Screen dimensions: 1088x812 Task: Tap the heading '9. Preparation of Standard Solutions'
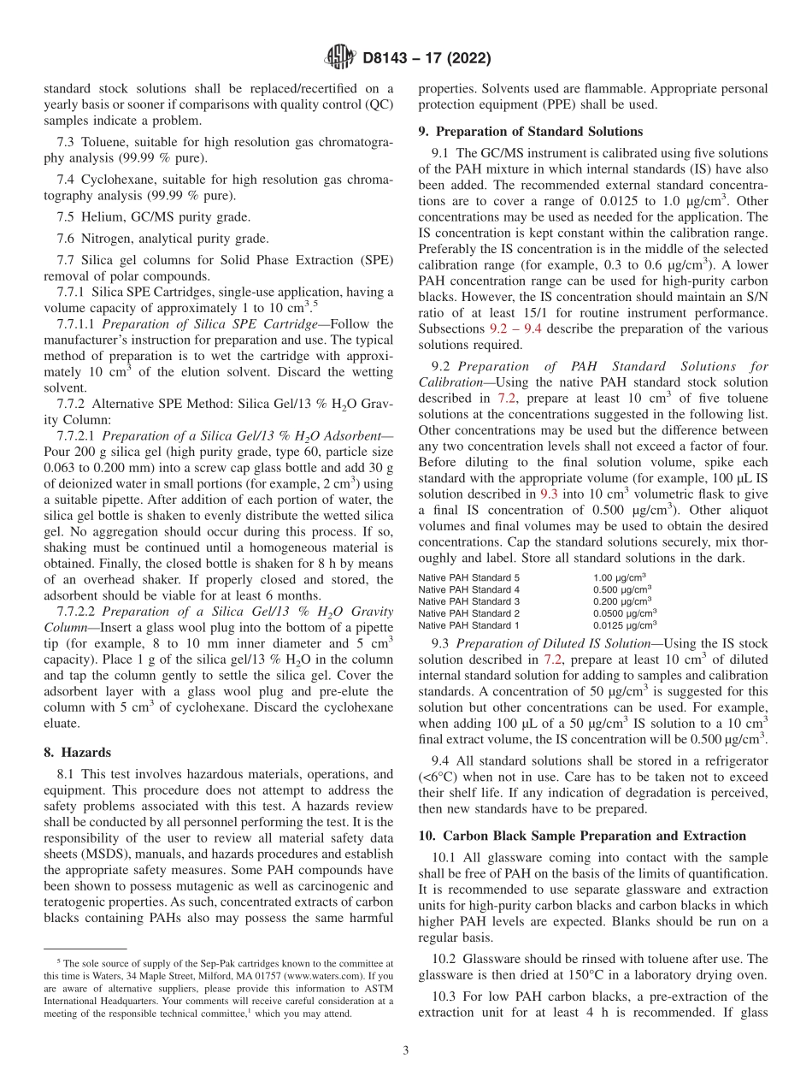[x=530, y=132]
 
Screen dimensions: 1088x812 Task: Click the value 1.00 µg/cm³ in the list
[x=619, y=577]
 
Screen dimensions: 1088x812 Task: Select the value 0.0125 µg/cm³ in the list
[x=624, y=625]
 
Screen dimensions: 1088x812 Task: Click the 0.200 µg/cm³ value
[x=621, y=601]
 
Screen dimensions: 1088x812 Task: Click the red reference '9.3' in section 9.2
[x=549, y=494]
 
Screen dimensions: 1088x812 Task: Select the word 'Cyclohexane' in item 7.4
[x=115, y=180]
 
